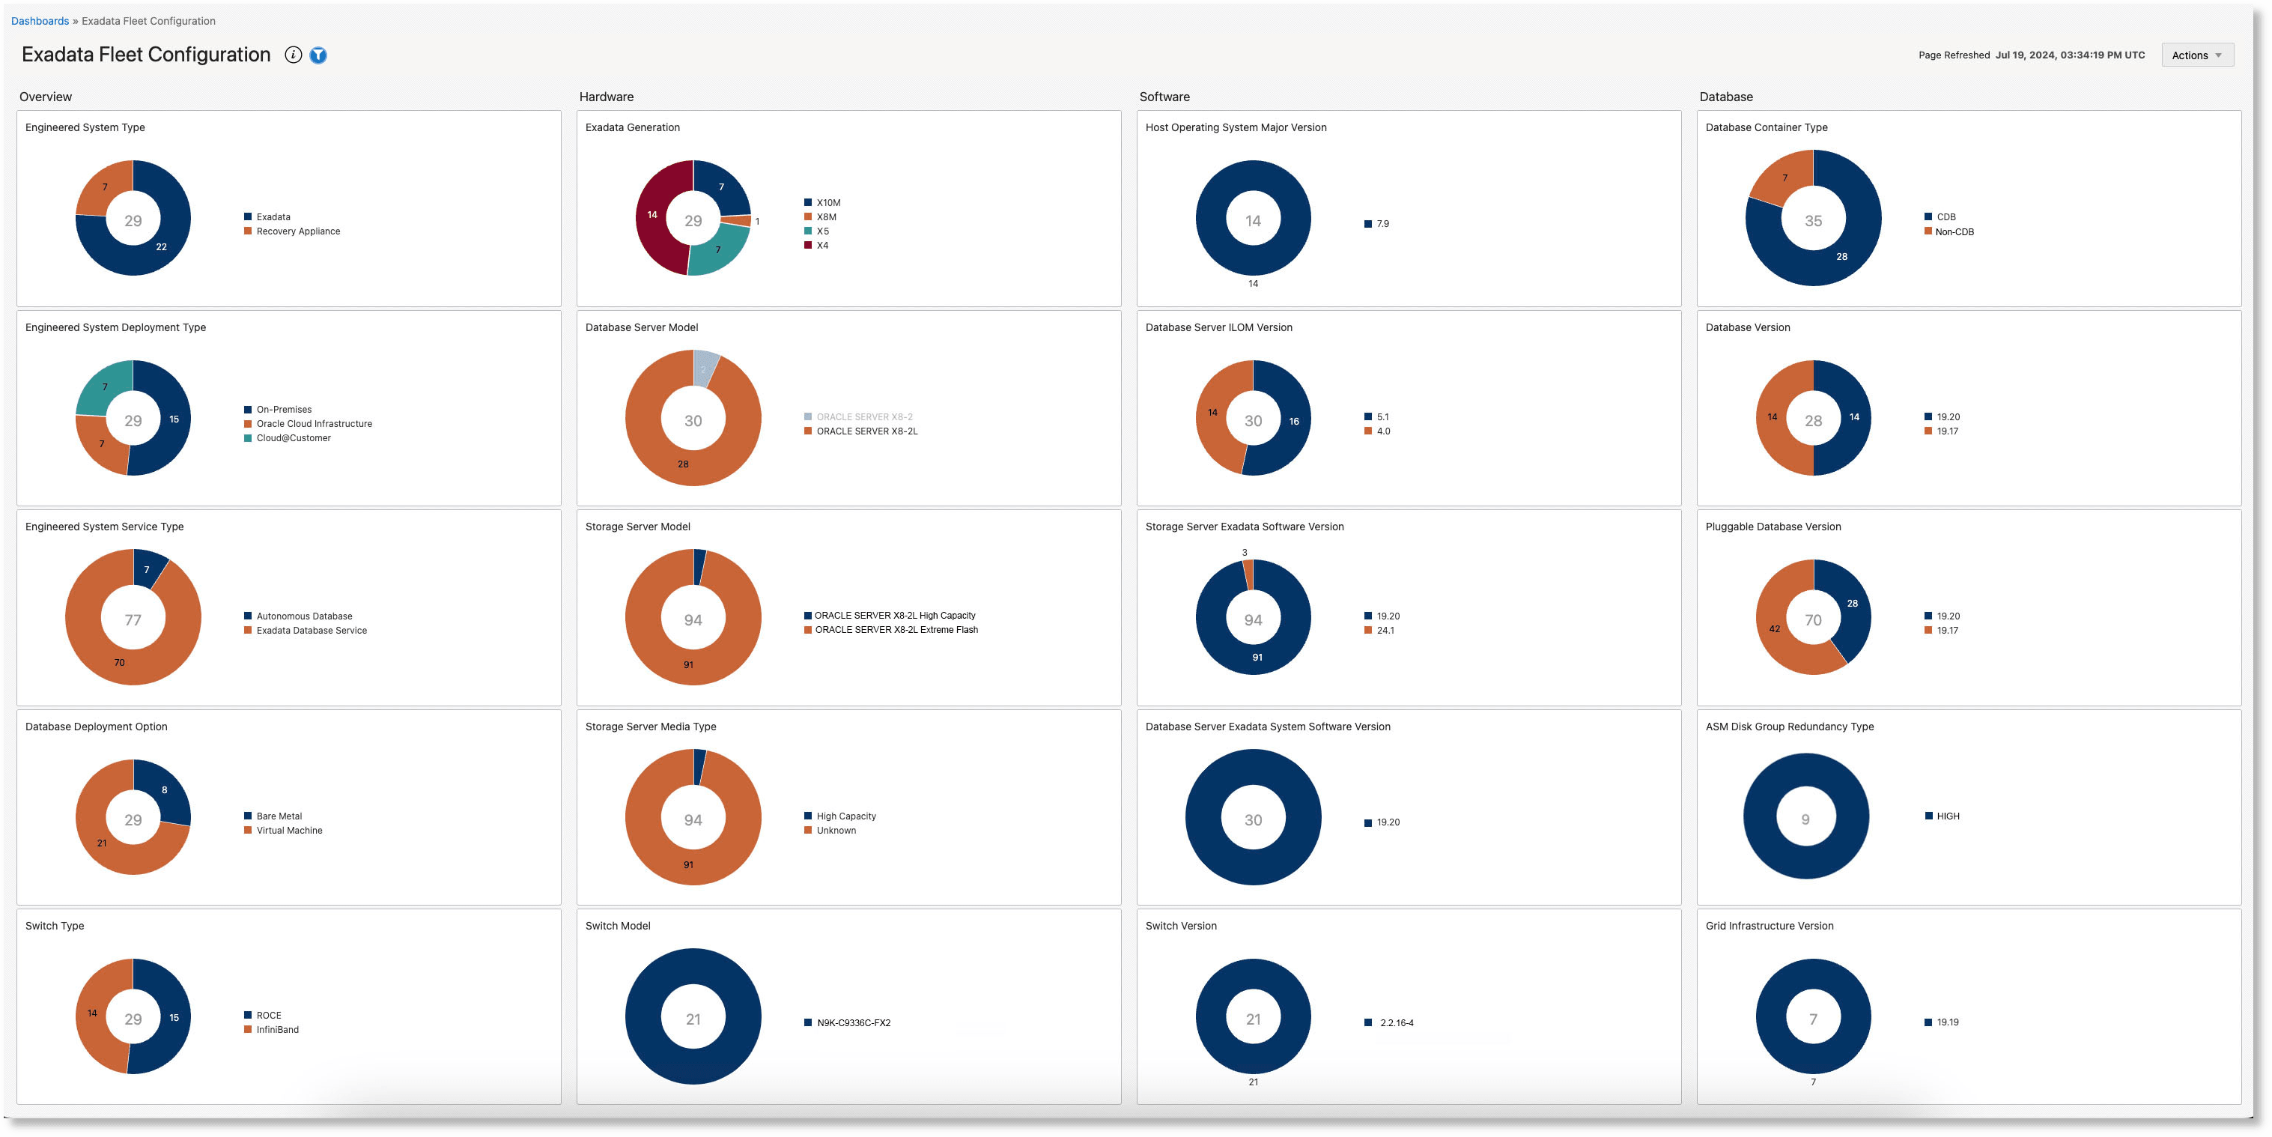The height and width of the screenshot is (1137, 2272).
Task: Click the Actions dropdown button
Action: click(2196, 55)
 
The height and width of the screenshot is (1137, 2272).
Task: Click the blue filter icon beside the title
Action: click(318, 55)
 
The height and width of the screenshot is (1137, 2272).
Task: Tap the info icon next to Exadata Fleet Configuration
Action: click(293, 55)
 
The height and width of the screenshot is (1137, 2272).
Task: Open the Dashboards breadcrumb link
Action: click(40, 20)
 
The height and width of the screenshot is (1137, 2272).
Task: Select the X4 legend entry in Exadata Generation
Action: click(821, 245)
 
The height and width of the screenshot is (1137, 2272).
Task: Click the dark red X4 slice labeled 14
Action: click(653, 214)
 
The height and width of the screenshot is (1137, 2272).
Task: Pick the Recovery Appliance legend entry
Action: click(297, 231)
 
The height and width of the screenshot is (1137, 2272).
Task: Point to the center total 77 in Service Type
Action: click(133, 620)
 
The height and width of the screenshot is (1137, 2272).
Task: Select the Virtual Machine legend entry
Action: click(288, 830)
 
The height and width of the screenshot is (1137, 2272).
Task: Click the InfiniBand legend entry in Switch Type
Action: click(277, 1029)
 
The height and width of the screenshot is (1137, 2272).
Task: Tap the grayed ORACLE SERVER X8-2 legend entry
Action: click(863, 416)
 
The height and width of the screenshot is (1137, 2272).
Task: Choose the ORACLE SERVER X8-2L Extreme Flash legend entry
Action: click(895, 630)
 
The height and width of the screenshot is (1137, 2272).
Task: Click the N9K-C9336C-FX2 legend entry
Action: click(853, 1023)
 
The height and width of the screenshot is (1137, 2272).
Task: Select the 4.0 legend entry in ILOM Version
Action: click(1382, 431)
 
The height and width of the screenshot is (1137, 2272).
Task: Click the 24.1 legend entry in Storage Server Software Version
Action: click(1385, 631)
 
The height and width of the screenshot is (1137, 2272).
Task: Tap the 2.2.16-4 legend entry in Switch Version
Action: click(1396, 1023)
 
